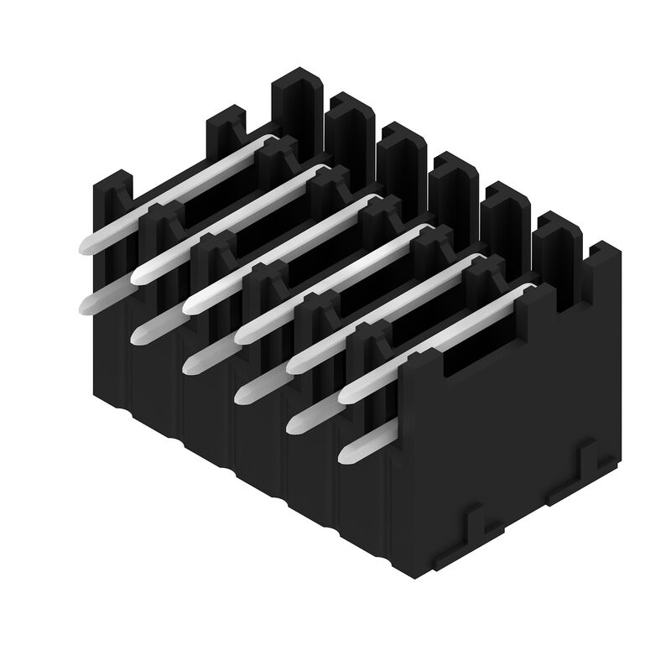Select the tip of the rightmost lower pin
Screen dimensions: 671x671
pos(344,456)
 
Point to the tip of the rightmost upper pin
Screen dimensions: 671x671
pos(345,396)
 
